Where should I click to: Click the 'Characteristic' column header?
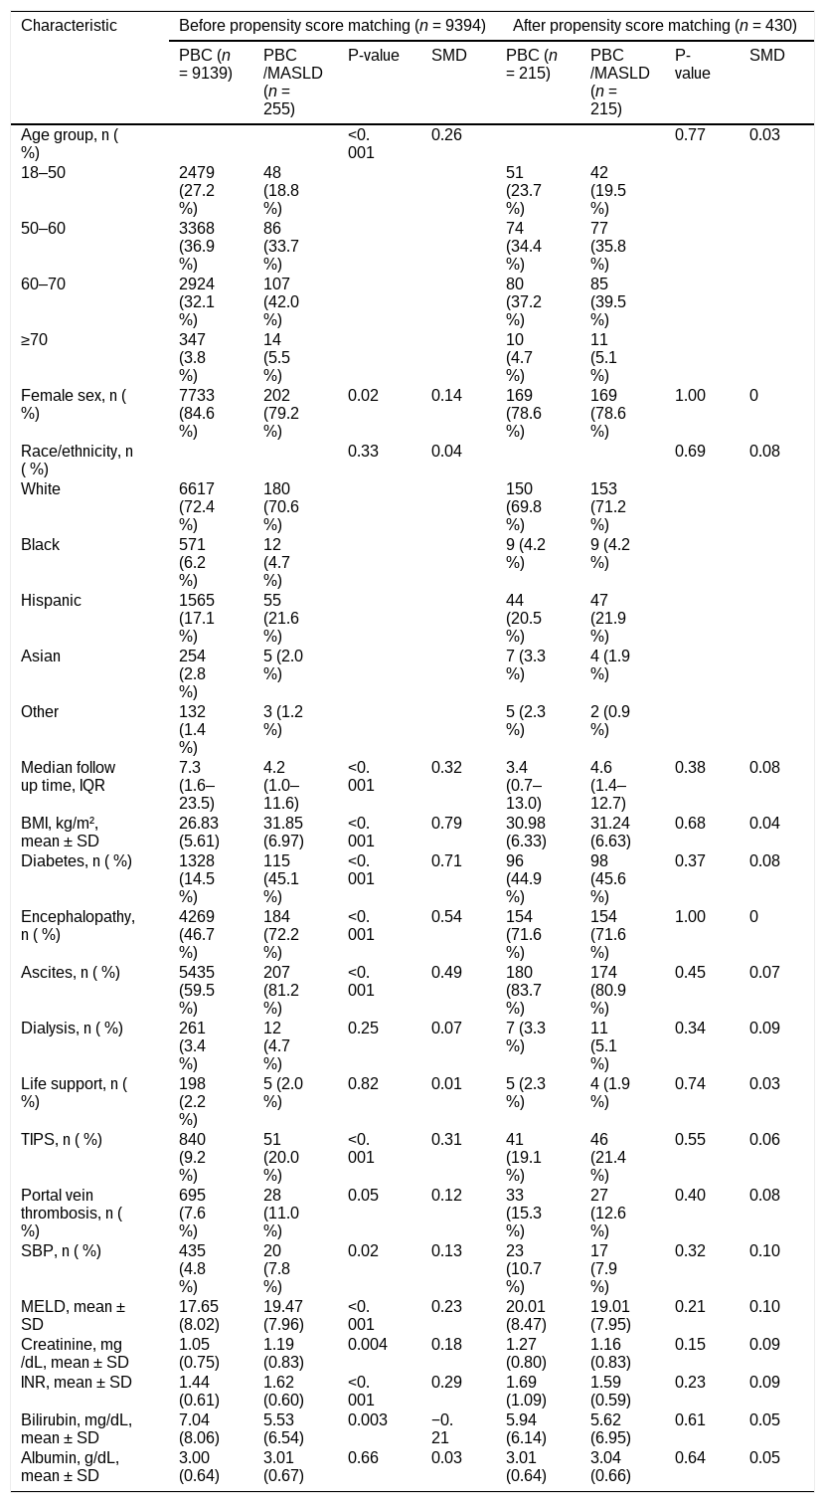(x=69, y=26)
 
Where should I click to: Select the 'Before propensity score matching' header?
(x=332, y=26)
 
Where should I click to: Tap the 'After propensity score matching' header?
(x=655, y=26)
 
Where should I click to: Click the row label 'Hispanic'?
(x=51, y=600)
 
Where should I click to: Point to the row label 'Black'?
(x=40, y=544)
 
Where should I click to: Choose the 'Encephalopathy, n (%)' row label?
(x=78, y=925)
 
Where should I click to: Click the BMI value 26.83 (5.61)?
(x=199, y=832)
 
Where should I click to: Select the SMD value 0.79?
(x=446, y=823)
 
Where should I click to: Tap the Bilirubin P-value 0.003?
(x=368, y=1419)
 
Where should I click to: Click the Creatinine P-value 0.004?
(x=368, y=1343)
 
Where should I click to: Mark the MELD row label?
(x=74, y=1314)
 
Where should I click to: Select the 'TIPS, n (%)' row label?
(x=62, y=1139)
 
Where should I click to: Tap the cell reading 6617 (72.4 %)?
(x=197, y=506)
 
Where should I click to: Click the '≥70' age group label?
(x=34, y=339)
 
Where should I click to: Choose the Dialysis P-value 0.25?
(x=363, y=1028)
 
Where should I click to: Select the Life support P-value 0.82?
(x=363, y=1083)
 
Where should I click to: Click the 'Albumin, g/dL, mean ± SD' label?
(x=70, y=1466)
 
